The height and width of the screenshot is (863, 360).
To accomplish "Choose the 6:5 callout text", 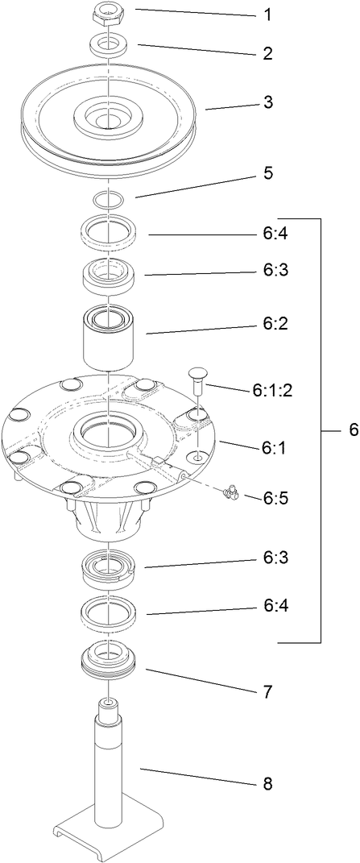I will click(274, 499).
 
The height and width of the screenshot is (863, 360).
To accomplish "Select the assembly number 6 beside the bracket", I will click(353, 430).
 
